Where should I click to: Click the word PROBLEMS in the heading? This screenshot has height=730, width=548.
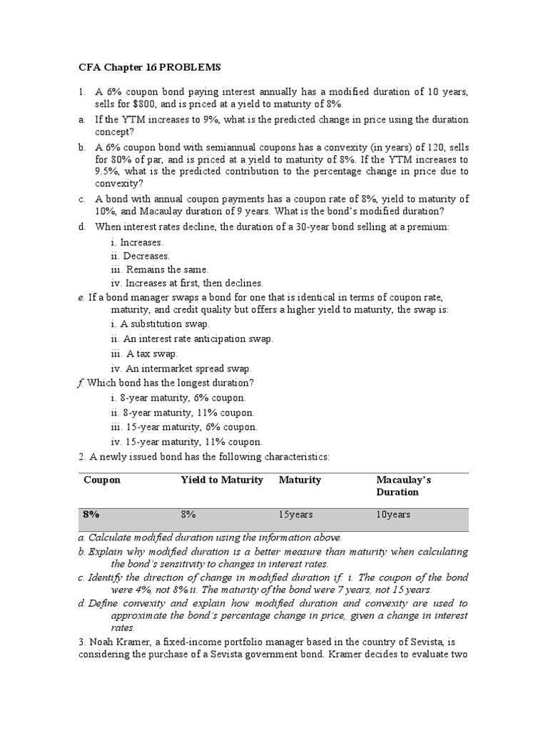(189, 68)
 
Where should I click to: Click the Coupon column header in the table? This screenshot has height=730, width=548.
(102, 480)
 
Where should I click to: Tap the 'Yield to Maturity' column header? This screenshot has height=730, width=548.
(222, 480)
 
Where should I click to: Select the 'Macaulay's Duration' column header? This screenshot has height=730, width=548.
(404, 485)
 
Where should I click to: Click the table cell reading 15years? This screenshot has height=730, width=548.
(295, 514)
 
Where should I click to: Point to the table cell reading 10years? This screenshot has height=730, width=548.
(393, 514)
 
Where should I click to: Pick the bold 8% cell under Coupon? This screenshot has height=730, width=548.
(91, 513)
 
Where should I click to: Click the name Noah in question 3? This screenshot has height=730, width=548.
(99, 641)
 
